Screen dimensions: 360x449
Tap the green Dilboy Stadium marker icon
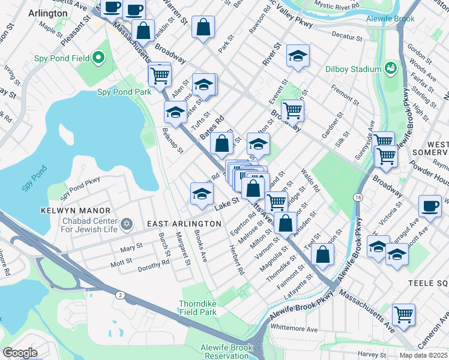coord(391,69)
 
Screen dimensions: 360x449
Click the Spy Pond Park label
coord(124,92)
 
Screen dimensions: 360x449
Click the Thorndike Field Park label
coord(197,308)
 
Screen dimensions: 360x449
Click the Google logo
coord(20,352)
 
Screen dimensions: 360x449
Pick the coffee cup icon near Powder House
coord(429,205)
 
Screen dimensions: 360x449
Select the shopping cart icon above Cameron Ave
coord(403,313)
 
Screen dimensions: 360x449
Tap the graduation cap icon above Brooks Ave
coord(202,192)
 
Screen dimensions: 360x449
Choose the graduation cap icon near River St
coord(297,56)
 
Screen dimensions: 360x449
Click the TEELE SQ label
coord(428,282)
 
